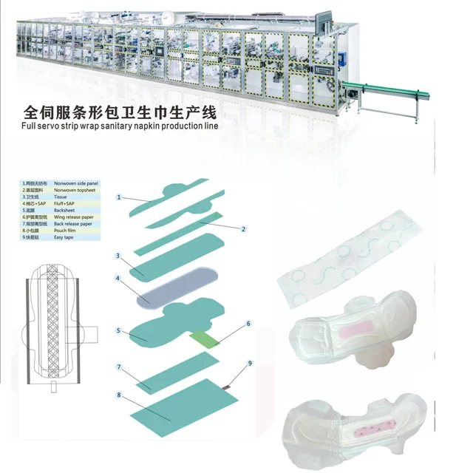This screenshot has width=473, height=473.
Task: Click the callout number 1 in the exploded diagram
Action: [x=118, y=197]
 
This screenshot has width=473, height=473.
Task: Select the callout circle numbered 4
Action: [x=118, y=279]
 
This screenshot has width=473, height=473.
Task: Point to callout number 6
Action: [x=248, y=323]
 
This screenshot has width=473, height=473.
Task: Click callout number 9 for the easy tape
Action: [x=250, y=363]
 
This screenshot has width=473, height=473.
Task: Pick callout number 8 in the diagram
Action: [x=118, y=395]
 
